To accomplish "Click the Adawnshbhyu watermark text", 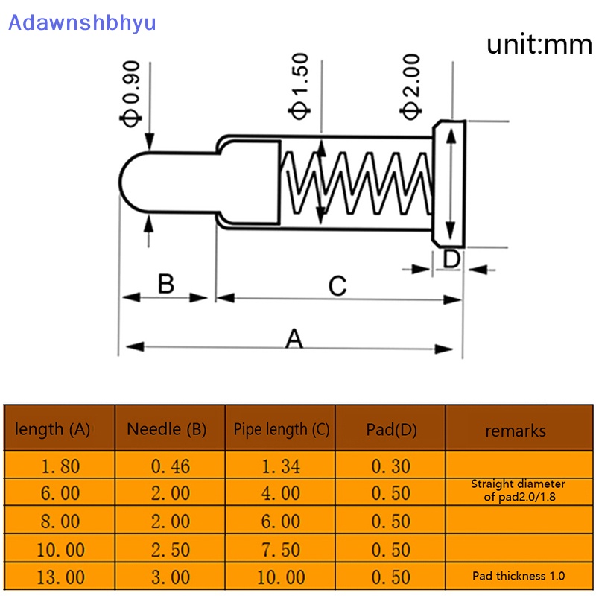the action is coord(82,23).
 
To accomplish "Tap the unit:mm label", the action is coord(539,45).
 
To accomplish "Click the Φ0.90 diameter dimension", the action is coord(131,94).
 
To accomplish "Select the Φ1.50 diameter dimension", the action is coord(299,86).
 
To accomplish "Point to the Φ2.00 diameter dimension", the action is coord(410,86).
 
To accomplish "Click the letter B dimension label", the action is coord(166,284).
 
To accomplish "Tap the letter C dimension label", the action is coord(337,286).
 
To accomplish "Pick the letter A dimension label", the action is coord(294,339).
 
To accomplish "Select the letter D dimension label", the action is coord(452,259).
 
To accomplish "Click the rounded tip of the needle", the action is coord(121,181).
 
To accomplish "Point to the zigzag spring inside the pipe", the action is coord(357,183).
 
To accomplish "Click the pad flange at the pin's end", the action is coord(449,184).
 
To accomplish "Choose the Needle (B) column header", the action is coord(166,430).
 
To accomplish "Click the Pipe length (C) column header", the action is coord(282,430).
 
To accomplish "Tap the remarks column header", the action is coord(516,431).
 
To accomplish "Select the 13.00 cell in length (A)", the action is coord(60,577).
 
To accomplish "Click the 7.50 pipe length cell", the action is coord(281,550).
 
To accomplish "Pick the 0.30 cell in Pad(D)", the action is coord(391,466).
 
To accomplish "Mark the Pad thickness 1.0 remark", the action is coord(519,576).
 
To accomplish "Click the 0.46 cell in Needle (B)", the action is coord(171,466).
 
